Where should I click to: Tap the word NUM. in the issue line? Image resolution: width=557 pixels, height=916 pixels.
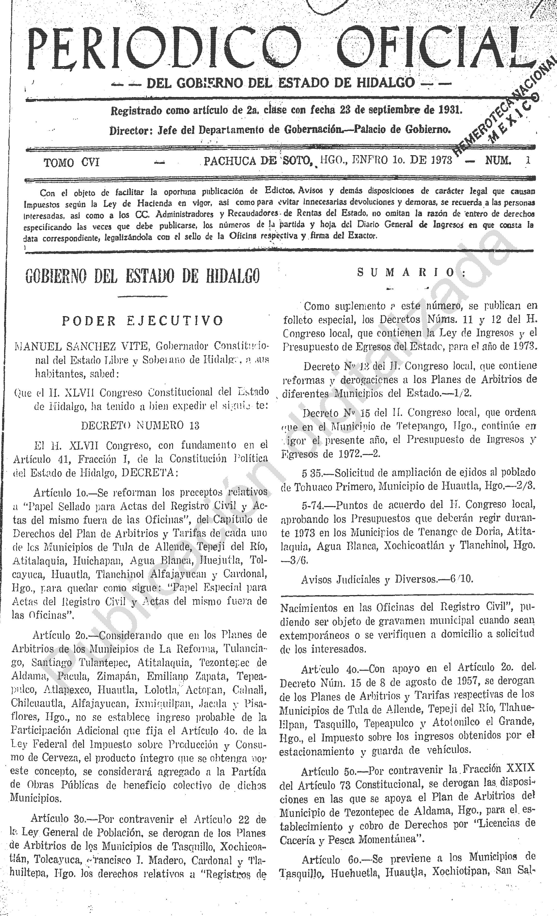498,161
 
